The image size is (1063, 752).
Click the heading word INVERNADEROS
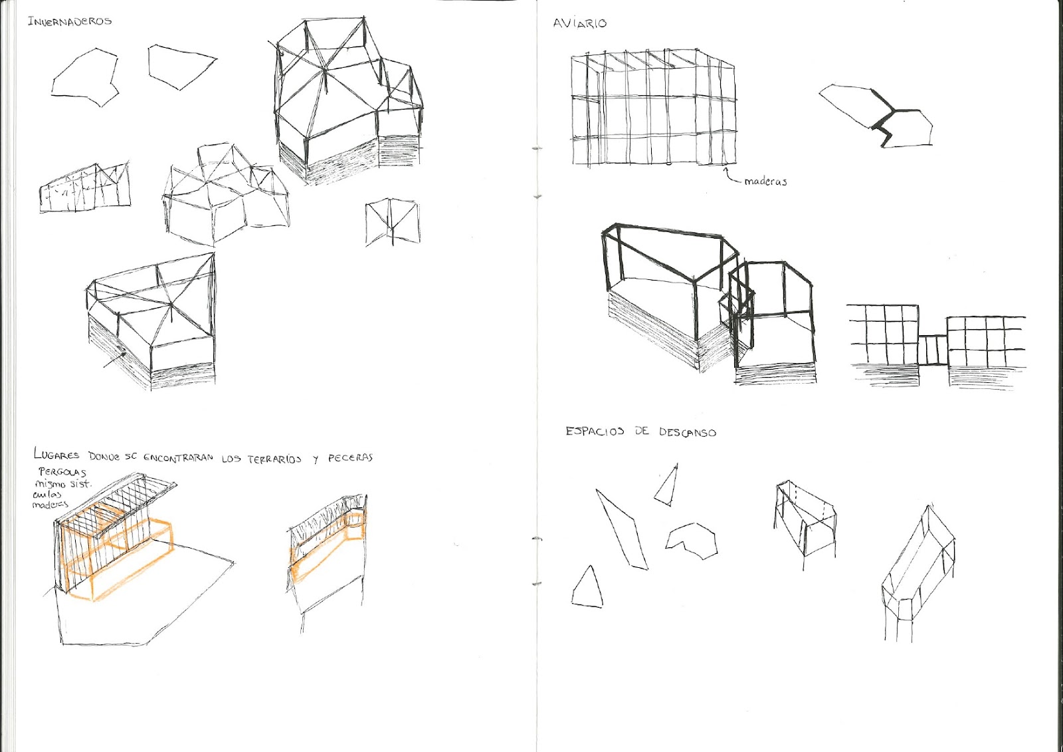[x=69, y=21]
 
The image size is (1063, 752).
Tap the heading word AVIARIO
[x=579, y=23]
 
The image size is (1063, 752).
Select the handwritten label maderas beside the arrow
[x=765, y=181]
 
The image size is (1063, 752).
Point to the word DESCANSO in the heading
[x=687, y=432]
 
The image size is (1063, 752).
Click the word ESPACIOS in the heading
[x=595, y=431]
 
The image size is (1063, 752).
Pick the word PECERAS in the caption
[x=350, y=458]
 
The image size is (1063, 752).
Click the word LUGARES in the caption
[x=56, y=455]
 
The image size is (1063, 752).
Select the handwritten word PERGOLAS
[x=62, y=472]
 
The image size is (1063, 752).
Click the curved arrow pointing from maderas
[x=731, y=176]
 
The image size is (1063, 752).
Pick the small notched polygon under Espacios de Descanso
[x=692, y=539]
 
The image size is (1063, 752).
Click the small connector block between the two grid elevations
[x=932, y=350]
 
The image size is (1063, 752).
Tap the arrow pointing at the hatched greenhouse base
[x=115, y=359]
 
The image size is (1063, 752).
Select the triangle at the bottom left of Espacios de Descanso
[x=587, y=588]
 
